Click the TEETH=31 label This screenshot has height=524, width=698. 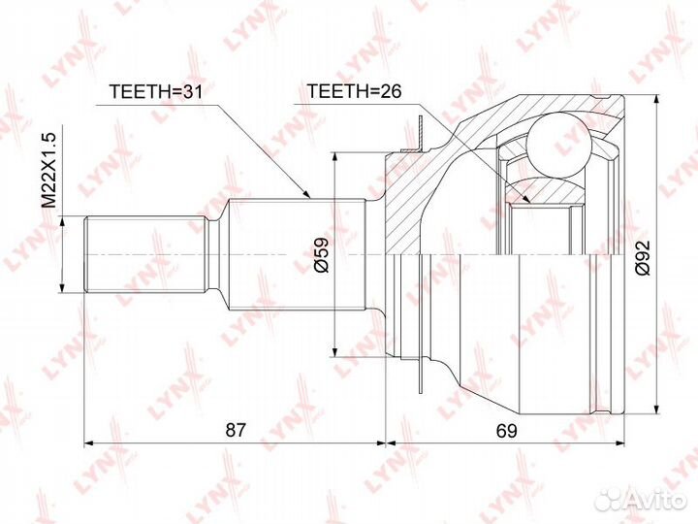[x=156, y=91]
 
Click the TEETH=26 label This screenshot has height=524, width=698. [x=355, y=91]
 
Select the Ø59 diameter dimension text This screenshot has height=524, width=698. [x=321, y=255]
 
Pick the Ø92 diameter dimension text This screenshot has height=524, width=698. [x=643, y=257]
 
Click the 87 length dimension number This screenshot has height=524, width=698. [x=236, y=430]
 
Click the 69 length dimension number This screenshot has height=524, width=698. [x=507, y=431]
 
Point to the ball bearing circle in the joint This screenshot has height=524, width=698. [x=558, y=144]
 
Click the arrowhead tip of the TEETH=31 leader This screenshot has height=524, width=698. [x=309, y=197]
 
